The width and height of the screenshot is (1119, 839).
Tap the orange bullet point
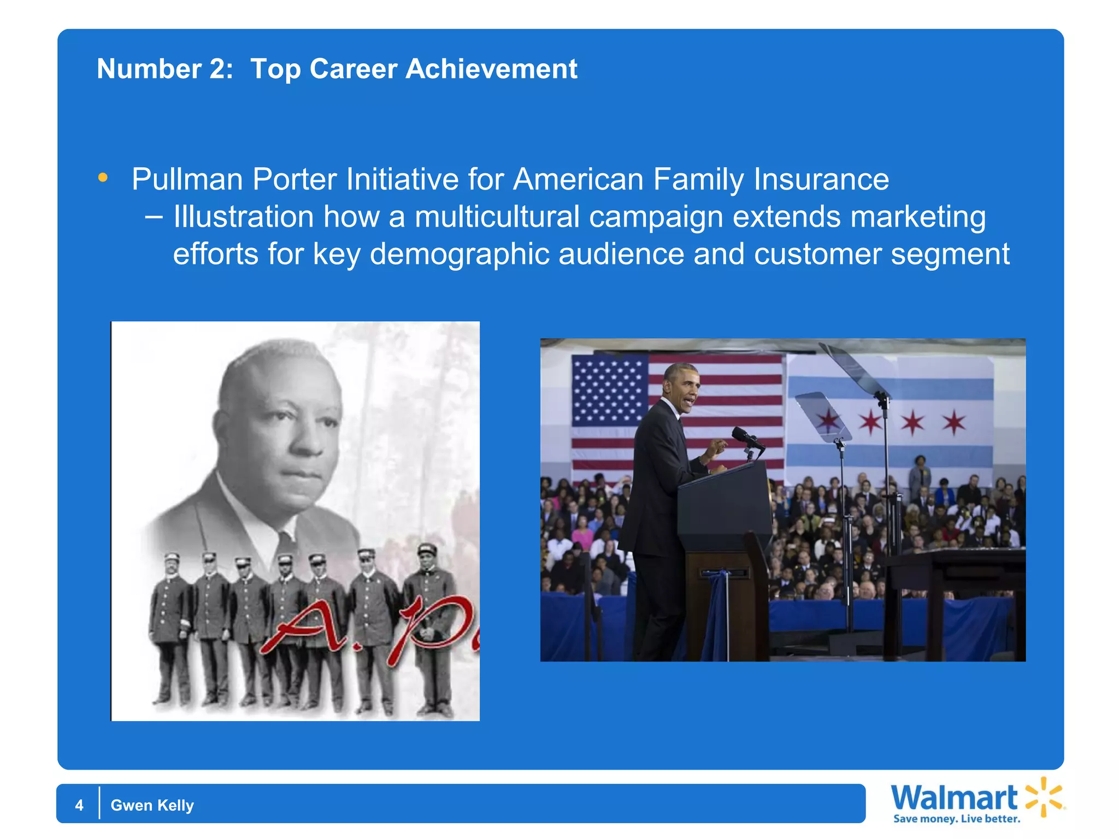(103, 178)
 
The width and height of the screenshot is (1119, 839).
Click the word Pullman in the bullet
(187, 180)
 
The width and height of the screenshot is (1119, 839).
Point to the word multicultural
(497, 217)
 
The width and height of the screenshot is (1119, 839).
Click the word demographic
(459, 255)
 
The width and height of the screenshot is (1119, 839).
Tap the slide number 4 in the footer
(79, 805)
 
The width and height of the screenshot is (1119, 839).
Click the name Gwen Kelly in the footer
(152, 805)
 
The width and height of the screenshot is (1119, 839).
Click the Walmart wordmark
(954, 798)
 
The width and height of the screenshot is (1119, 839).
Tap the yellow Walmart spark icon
(1044, 797)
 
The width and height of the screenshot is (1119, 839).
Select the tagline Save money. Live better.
(956, 819)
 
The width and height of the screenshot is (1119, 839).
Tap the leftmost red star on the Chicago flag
(829, 421)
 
